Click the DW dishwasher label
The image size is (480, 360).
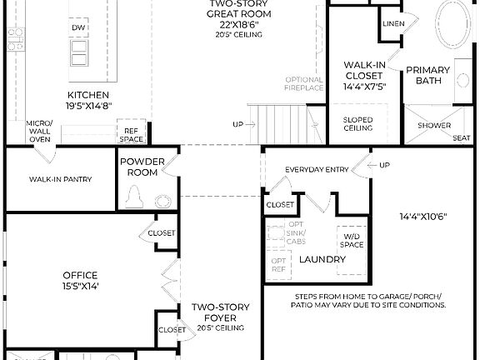click(x=80, y=28)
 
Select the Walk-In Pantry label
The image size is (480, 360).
click(x=60, y=179)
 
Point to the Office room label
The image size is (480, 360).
click(x=80, y=276)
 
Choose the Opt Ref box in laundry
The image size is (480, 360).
click(x=278, y=265)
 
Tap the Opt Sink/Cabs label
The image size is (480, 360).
click(x=296, y=232)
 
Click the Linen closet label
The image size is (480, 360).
click(x=394, y=24)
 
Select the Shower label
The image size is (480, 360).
click(x=434, y=126)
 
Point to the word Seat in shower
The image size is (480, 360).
click(x=461, y=138)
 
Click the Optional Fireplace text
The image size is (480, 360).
click(x=303, y=83)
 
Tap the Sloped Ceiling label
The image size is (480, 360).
click(x=358, y=124)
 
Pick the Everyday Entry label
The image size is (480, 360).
click(x=317, y=169)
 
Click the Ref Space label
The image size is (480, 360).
click(x=132, y=135)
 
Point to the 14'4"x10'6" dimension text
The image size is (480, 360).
click(x=423, y=217)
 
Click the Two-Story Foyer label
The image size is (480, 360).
click(x=222, y=312)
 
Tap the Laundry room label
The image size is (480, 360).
click(x=322, y=260)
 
